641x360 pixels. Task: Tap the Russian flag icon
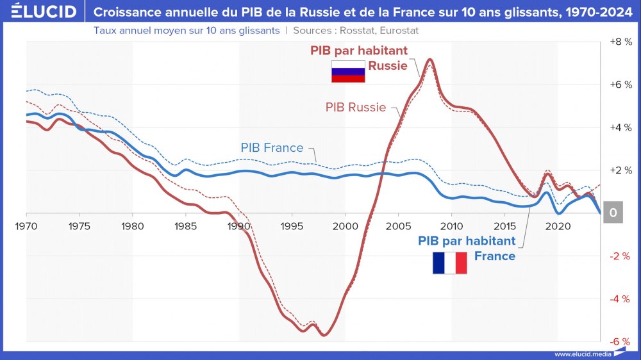(x=347, y=72)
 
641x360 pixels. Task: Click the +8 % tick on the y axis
(x=620, y=42)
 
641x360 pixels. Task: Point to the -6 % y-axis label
(x=620, y=341)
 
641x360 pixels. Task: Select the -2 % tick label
(x=620, y=256)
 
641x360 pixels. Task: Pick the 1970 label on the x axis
(x=27, y=226)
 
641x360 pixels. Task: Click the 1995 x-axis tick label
(x=292, y=226)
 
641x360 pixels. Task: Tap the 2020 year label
(x=558, y=226)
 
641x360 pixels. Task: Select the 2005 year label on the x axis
(x=398, y=226)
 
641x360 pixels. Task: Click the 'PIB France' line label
(x=272, y=148)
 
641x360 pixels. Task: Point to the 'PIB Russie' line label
(x=355, y=108)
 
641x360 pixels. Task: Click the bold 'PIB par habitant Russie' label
(x=359, y=58)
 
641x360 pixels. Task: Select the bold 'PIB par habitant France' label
(x=467, y=249)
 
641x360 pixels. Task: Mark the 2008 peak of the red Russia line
(x=430, y=60)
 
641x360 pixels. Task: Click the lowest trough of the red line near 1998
(x=324, y=334)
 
